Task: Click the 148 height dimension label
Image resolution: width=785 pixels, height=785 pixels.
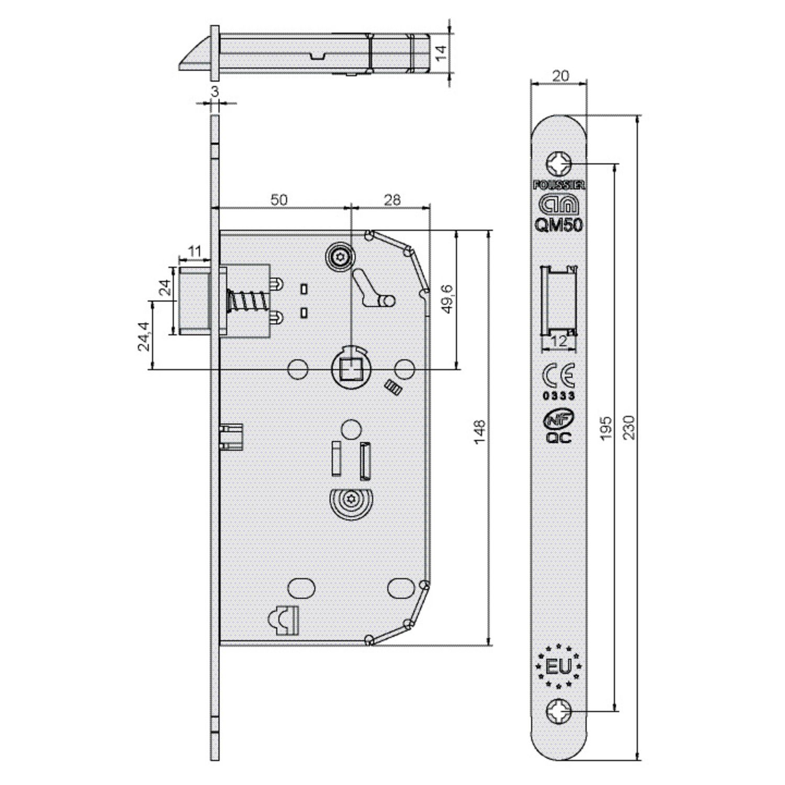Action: click(x=479, y=431)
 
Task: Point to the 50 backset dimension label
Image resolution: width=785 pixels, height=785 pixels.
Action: click(x=279, y=199)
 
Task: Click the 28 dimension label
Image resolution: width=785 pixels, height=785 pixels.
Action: click(x=392, y=199)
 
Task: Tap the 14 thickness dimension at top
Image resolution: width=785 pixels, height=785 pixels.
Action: click(x=441, y=52)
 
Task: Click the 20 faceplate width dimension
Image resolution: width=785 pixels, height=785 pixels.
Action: click(x=560, y=76)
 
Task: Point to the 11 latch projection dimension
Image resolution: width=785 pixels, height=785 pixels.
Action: click(x=195, y=252)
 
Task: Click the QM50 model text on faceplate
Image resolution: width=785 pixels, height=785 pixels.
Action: click(x=558, y=225)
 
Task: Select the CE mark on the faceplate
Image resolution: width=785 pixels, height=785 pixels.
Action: click(x=558, y=375)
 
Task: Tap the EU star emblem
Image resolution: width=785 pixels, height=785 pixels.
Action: click(x=558, y=666)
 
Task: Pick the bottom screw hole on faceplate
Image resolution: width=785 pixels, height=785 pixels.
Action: click(x=558, y=712)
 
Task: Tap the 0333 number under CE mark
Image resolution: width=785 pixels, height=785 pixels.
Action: click(x=558, y=396)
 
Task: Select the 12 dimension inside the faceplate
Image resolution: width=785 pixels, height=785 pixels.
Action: click(x=559, y=341)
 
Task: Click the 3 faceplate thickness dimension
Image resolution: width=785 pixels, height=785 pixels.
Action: click(x=215, y=91)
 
